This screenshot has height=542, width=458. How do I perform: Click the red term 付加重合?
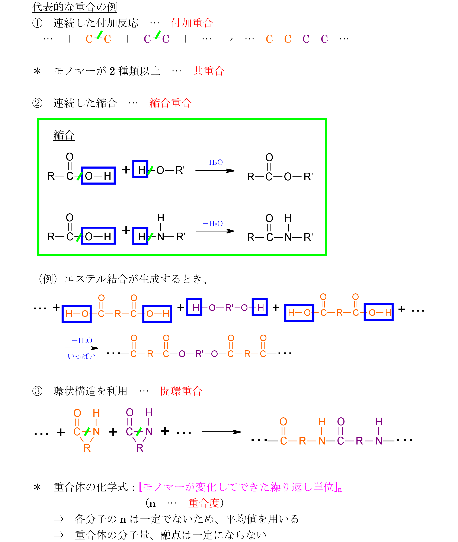[192, 23]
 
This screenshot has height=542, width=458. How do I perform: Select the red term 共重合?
[208, 71]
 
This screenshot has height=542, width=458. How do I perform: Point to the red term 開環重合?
[181, 391]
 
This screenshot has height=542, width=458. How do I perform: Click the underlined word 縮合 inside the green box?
[64, 135]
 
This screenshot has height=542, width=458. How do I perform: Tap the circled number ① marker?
[37, 23]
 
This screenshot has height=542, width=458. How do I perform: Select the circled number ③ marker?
[37, 391]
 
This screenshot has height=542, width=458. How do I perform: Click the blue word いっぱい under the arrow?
[82, 356]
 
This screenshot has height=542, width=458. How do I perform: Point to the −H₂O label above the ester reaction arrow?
[213, 163]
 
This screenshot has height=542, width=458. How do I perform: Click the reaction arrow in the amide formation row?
[215, 231]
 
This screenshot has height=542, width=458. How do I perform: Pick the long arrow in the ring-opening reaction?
[221, 432]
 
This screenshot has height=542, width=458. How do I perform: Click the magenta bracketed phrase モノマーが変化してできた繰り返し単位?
[238, 487]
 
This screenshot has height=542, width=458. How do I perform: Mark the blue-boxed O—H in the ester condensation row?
[98, 176]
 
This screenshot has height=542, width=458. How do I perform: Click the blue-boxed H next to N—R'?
[140, 236]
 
